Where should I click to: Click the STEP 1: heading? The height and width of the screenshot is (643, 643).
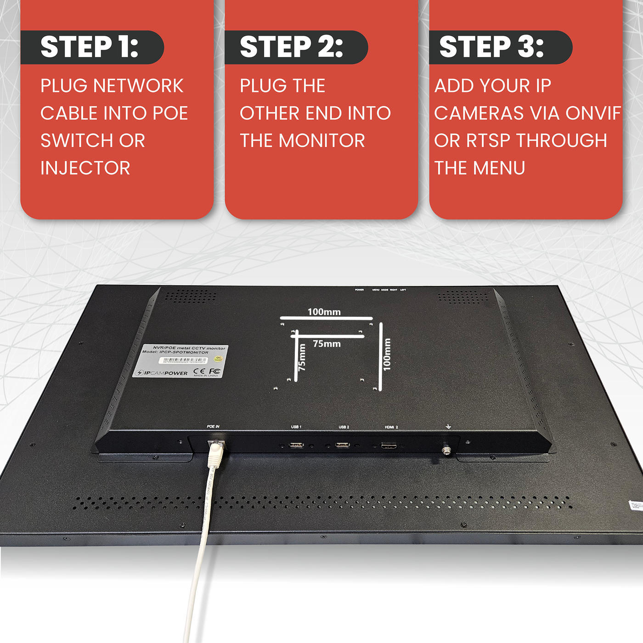[x=90, y=47]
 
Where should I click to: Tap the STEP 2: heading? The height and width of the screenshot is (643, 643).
[x=292, y=47]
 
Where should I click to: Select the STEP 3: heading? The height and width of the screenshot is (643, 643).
[x=491, y=47]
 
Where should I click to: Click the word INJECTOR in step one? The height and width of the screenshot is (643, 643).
[x=85, y=168]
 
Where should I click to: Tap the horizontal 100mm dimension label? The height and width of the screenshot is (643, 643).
[x=324, y=312]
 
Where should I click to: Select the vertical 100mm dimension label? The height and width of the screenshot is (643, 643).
[x=387, y=355]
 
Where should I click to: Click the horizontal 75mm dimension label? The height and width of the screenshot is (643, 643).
[x=327, y=344]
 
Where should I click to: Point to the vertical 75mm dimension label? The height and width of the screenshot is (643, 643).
[x=302, y=357]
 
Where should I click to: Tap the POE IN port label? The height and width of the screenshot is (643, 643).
[x=213, y=427]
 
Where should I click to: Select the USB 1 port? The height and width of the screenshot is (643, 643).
[x=296, y=445]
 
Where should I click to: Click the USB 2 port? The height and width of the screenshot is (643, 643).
[x=342, y=445]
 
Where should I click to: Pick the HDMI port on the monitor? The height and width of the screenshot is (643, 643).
[x=389, y=446]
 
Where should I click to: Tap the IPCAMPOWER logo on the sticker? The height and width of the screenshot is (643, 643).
[x=163, y=373]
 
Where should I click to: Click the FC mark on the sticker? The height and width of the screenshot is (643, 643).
[x=215, y=371]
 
